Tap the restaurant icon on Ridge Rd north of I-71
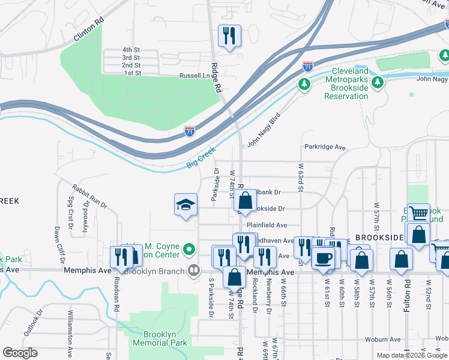[x=229, y=37]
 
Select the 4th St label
[x=131, y=49]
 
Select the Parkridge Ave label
[x=325, y=147]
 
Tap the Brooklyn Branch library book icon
[x=193, y=271]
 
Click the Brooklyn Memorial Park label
[x=165, y=338]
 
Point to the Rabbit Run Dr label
[x=89, y=196]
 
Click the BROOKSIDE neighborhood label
[x=378, y=238]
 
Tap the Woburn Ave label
[x=384, y=340]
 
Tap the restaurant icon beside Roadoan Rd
[x=121, y=257]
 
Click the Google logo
[x=20, y=353]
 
